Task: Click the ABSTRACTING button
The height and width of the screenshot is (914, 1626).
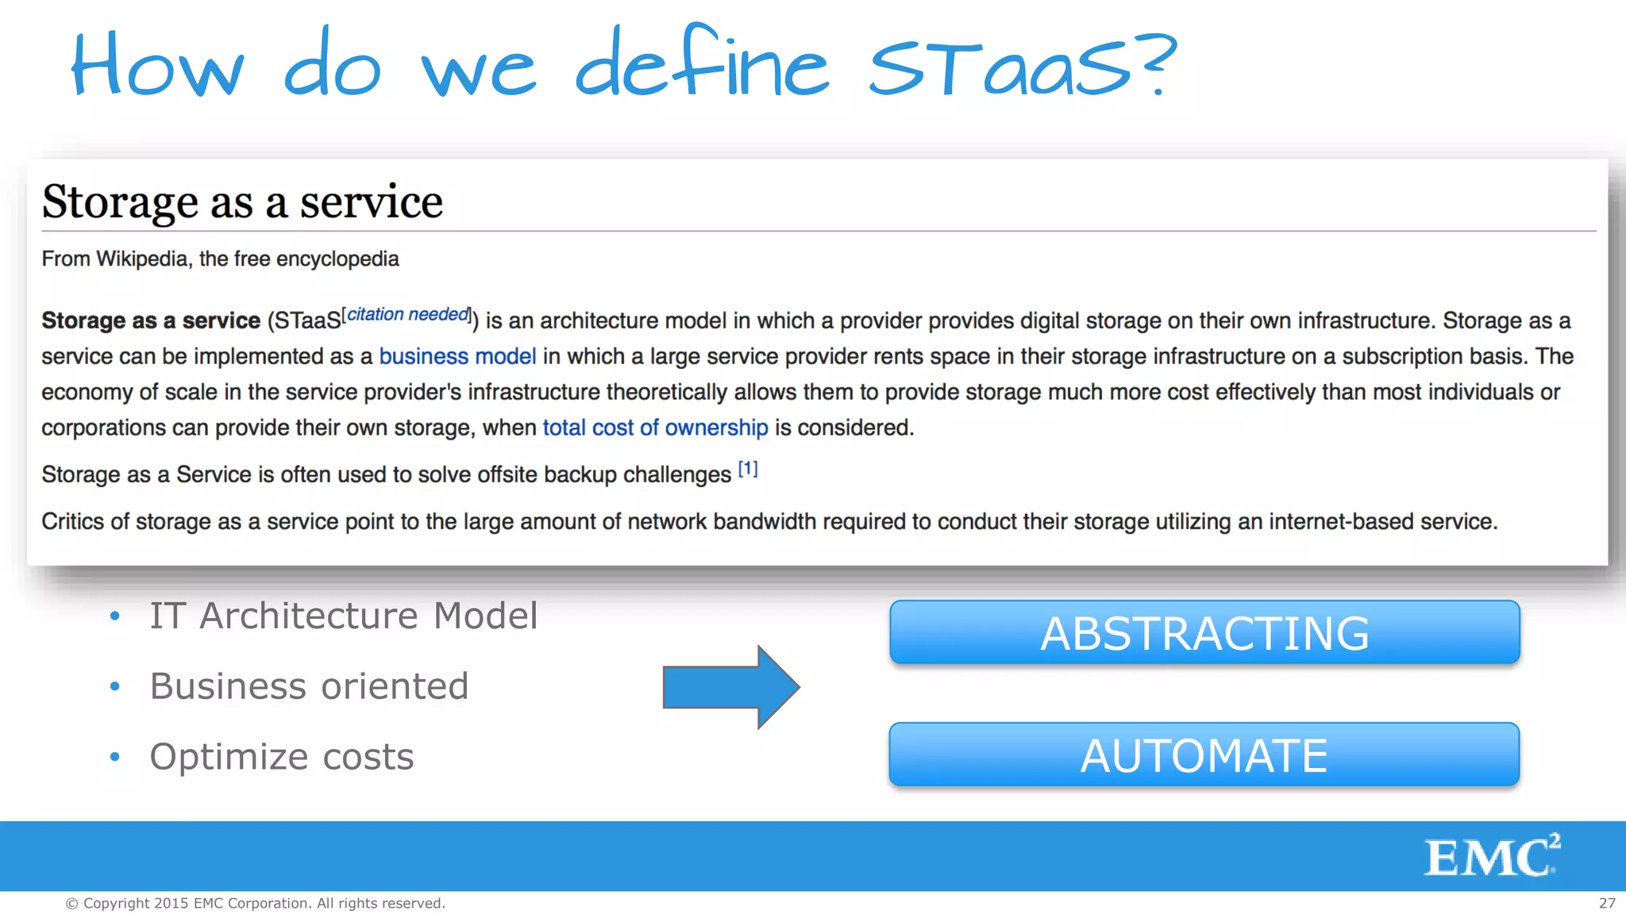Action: tap(1204, 633)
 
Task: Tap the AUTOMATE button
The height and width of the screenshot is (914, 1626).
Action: tap(1204, 755)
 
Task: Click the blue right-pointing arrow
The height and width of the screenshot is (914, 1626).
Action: tap(730, 687)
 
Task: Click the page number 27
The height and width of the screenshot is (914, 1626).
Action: tap(1606, 903)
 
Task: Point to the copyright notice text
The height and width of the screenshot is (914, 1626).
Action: tap(255, 903)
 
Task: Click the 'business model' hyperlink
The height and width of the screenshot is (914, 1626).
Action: tap(457, 356)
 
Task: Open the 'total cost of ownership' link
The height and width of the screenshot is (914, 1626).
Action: tap(655, 428)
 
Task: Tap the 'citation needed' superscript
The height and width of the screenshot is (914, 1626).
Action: tap(408, 315)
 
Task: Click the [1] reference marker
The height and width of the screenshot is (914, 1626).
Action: tap(748, 469)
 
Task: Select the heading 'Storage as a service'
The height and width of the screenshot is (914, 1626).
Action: tap(242, 202)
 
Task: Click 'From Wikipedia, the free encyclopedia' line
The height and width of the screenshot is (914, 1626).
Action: tap(220, 259)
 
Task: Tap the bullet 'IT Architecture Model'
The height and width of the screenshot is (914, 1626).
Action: tap(343, 616)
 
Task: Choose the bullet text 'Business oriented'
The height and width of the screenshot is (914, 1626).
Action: tap(309, 686)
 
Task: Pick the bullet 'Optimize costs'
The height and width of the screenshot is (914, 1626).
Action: tap(281, 757)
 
